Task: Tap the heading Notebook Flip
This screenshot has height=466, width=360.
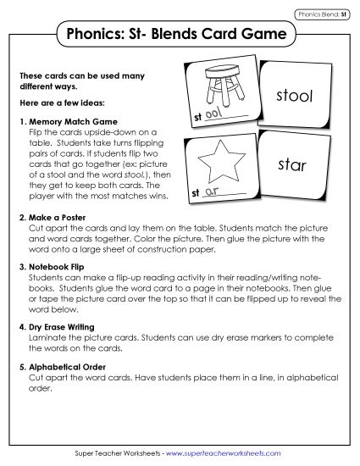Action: coord(59,266)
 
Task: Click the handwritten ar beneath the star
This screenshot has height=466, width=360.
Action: coord(213,191)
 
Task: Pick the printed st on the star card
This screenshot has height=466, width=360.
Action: coord(197,193)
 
